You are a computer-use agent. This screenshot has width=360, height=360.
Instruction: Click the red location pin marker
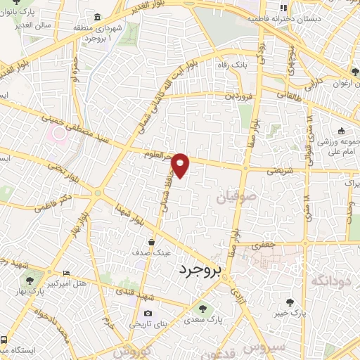pyautogui.click(x=181, y=164)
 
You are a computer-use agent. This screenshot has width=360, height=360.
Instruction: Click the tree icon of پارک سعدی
pyautogui.click(x=202, y=308)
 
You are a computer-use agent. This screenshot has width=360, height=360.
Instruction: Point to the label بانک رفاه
pyautogui.click(x=237, y=65)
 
